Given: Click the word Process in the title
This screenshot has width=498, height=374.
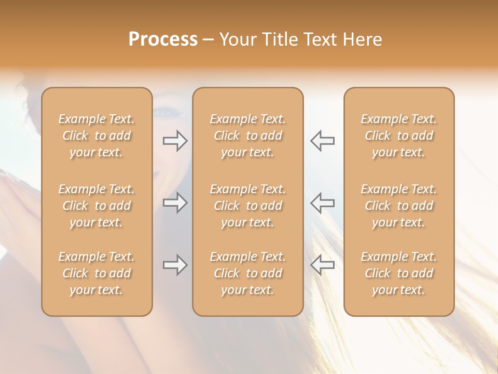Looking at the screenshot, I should click(163, 39).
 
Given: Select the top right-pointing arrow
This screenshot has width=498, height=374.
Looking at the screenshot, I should click(175, 141).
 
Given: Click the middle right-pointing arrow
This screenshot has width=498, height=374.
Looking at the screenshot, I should click(175, 203).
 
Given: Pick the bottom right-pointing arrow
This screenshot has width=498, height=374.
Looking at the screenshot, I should click(175, 265).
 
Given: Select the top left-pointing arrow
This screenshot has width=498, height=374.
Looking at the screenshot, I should click(322, 141).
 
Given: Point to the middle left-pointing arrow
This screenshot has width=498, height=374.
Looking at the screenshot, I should click(322, 203).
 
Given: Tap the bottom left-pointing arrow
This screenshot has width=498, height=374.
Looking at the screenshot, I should click(322, 265).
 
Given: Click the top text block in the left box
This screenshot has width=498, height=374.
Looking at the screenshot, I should click(96, 136).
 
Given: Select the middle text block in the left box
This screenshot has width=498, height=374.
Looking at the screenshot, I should click(96, 206).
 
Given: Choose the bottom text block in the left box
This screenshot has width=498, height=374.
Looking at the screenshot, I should click(96, 273).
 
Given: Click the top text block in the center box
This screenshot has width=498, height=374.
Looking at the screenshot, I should click(247, 136).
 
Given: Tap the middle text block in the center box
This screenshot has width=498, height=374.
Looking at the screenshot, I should click(247, 206).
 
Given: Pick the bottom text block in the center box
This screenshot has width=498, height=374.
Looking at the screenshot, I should click(247, 273).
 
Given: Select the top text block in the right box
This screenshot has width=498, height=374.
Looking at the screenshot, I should click(399, 136).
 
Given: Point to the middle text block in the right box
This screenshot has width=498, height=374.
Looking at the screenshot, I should click(399, 206).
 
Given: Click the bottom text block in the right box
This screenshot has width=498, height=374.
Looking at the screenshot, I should click(399, 273).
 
